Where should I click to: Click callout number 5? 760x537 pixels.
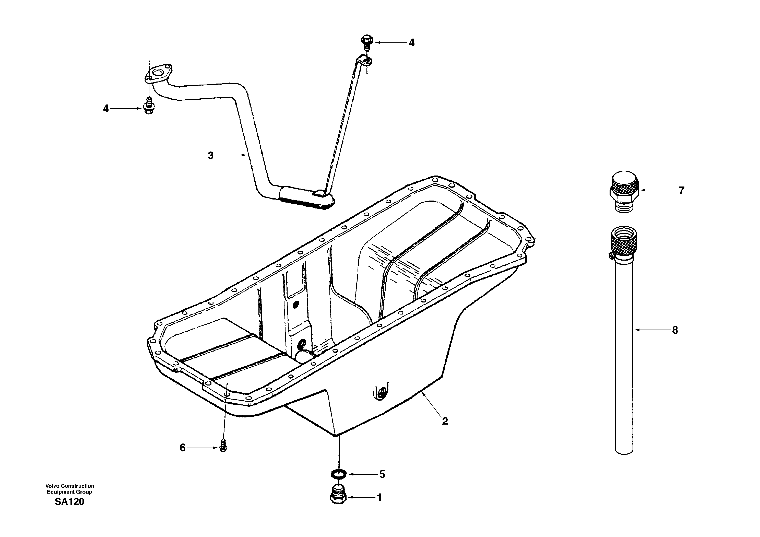tap(382, 474)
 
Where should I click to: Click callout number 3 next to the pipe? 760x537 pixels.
tap(210, 155)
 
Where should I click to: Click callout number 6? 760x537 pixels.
tap(182, 448)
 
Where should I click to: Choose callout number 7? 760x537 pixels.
tap(681, 190)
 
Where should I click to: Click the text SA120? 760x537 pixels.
tap(69, 502)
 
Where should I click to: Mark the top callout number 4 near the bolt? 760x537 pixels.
tap(411, 42)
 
